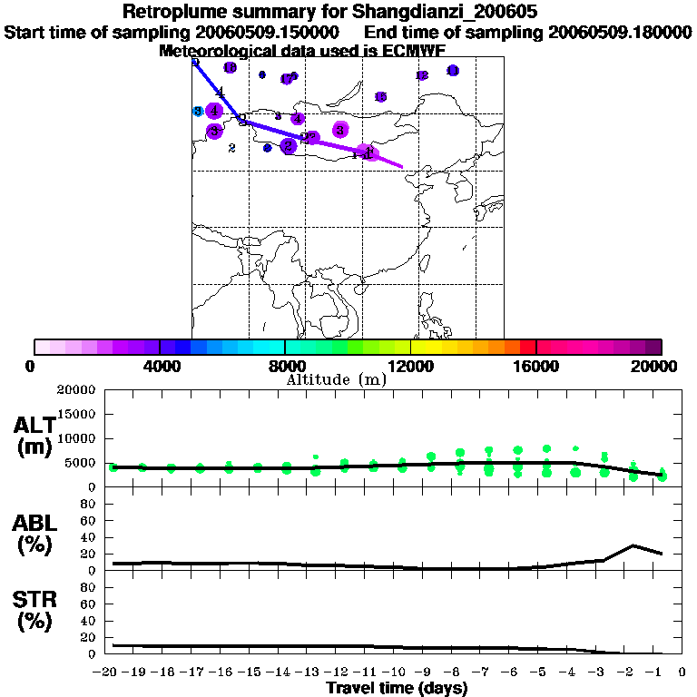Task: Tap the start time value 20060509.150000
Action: tap(270, 32)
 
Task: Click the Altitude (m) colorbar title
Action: tap(336, 379)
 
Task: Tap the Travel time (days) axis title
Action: tap(397, 688)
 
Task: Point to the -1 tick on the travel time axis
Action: tap(663, 672)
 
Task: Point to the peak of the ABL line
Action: tap(633, 545)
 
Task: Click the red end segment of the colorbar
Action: tap(527, 347)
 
